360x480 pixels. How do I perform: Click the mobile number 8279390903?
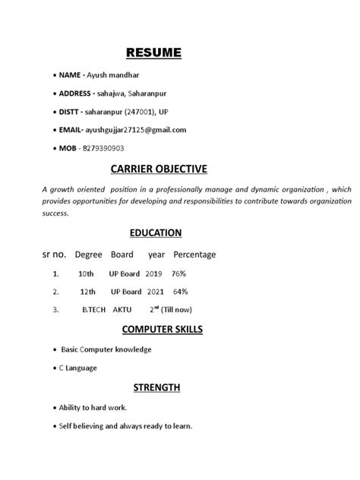tap(103, 147)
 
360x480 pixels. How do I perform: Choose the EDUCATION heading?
tap(153, 232)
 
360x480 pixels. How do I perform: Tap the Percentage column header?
tap(194, 254)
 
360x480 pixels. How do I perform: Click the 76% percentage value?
tap(178, 272)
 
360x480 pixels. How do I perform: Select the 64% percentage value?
tap(180, 291)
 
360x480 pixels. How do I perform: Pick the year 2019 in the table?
tap(155, 272)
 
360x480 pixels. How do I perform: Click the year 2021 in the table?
tap(156, 291)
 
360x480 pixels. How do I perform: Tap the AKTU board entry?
tap(122, 309)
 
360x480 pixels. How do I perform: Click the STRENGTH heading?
tap(156, 387)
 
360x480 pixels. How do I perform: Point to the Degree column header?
tap(88, 254)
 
